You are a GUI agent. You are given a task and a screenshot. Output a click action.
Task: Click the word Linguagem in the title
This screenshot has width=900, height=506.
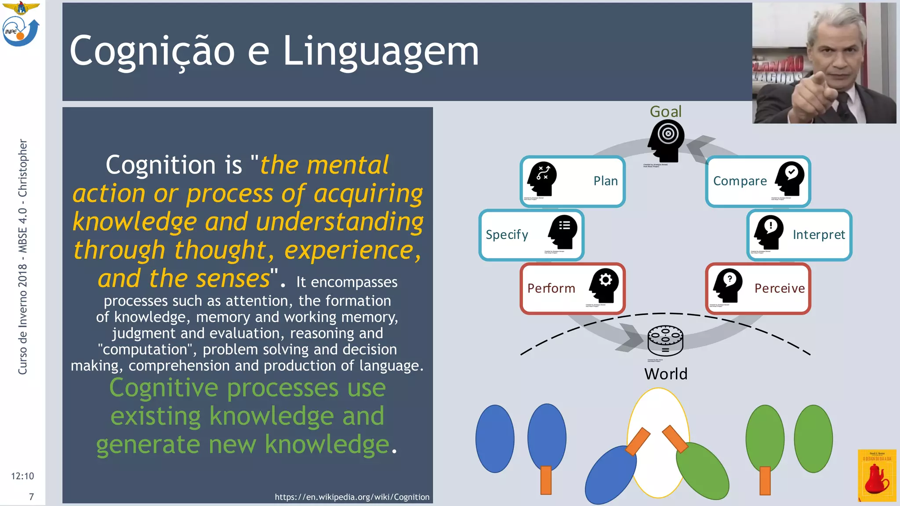point(380,52)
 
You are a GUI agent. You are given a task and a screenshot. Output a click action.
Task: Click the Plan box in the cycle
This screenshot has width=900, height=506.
point(572,181)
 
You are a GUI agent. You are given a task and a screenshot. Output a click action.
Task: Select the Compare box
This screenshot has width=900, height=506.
point(758,181)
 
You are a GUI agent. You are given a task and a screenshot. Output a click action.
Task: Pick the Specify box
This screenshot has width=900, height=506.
point(531,235)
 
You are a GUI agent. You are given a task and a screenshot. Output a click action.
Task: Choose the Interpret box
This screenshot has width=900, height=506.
point(799,235)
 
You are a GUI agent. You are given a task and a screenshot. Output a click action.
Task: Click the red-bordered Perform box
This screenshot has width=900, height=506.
point(572,288)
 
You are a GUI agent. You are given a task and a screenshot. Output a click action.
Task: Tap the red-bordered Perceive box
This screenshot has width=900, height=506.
point(758,288)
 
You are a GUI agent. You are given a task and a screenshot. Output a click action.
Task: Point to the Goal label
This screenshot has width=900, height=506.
point(665,112)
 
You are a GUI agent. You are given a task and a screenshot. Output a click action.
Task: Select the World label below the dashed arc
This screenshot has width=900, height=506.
point(665,374)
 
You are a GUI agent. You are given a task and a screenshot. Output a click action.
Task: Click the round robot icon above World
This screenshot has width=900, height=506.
point(665,340)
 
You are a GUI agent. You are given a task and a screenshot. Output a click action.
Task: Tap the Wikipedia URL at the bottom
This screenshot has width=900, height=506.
point(352,497)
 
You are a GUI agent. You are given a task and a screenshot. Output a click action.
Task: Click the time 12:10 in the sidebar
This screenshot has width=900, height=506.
point(22,476)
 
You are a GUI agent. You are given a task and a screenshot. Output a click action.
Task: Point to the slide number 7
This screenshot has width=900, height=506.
point(31,497)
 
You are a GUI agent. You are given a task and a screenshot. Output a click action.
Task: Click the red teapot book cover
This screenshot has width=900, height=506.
point(877,476)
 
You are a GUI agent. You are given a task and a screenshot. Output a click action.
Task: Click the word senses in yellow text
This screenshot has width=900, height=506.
point(232,278)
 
